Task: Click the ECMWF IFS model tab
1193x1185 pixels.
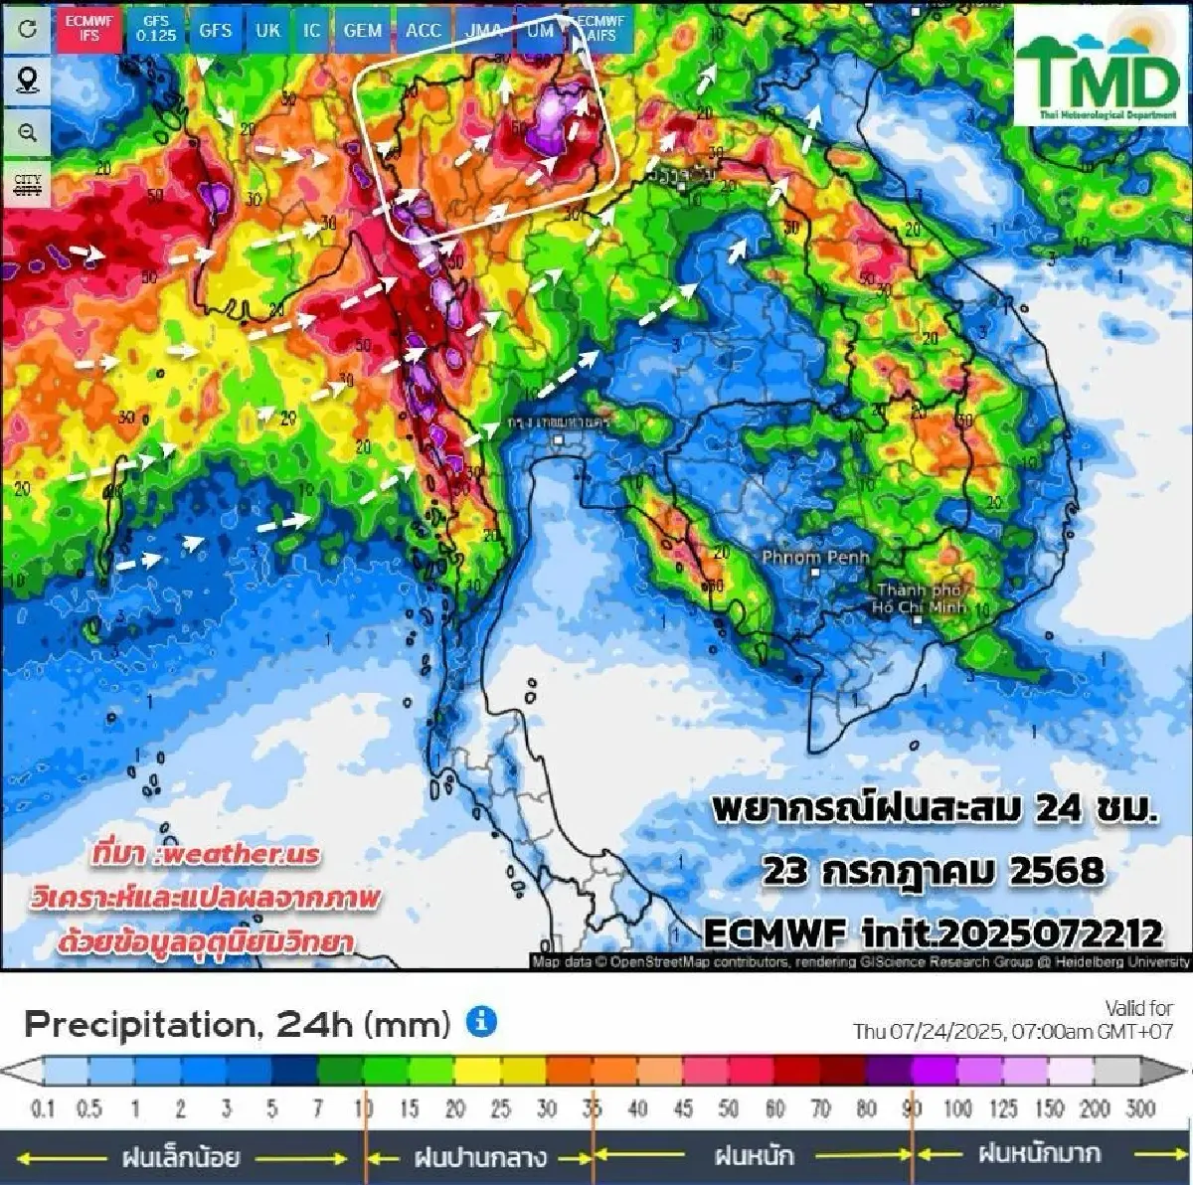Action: pyautogui.click(x=89, y=28)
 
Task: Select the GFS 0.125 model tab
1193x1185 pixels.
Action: pyautogui.click(x=156, y=28)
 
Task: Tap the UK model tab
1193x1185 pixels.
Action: pyautogui.click(x=267, y=30)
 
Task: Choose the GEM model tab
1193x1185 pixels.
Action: pyautogui.click(x=362, y=30)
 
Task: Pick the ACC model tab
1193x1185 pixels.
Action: pyautogui.click(x=423, y=30)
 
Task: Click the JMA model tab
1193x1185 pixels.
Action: pyautogui.click(x=484, y=30)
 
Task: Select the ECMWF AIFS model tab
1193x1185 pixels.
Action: pyautogui.click(x=600, y=28)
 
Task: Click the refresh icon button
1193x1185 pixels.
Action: pyautogui.click(x=28, y=28)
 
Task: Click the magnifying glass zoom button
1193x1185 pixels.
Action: pyautogui.click(x=28, y=132)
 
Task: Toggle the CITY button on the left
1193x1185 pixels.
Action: pyautogui.click(x=28, y=185)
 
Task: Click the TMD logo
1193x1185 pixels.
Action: pyautogui.click(x=1097, y=70)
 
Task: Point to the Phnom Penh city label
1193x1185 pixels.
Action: pyautogui.click(x=815, y=558)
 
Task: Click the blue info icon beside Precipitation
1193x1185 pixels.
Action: pyautogui.click(x=482, y=1021)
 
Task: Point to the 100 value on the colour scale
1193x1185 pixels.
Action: pyautogui.click(x=957, y=1107)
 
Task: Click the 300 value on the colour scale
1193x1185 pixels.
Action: pyautogui.click(x=1140, y=1107)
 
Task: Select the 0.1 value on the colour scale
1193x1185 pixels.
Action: pyautogui.click(x=43, y=1107)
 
